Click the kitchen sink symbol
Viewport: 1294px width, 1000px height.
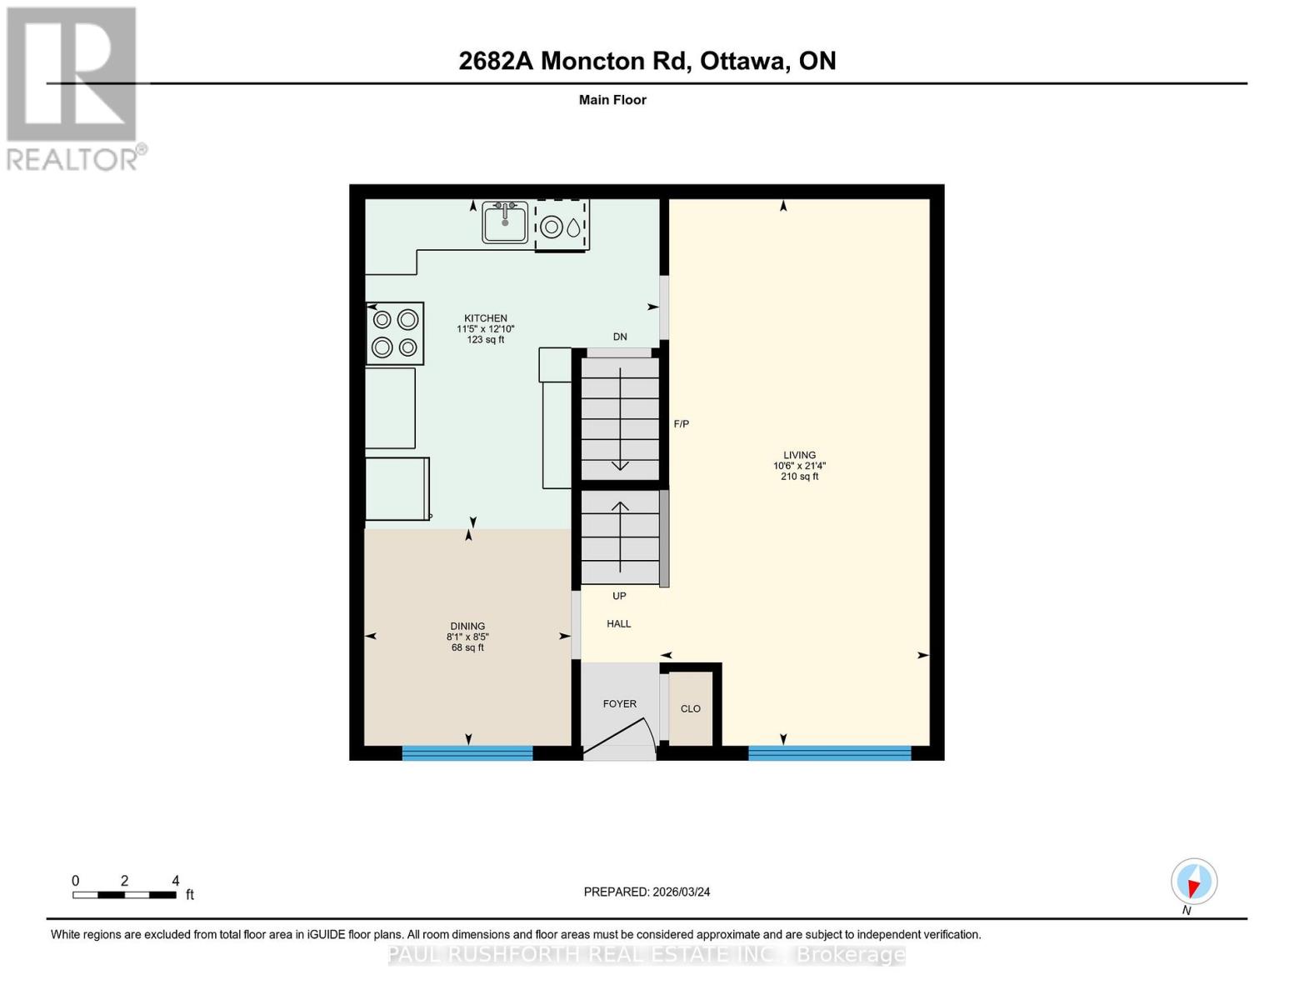click(x=505, y=222)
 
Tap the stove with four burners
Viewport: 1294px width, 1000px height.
click(x=395, y=333)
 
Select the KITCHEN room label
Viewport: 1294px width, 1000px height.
click(x=485, y=318)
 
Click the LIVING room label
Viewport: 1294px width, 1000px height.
click(x=799, y=456)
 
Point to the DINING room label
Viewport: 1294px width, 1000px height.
click(x=467, y=627)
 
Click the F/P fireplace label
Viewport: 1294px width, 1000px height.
click(x=681, y=424)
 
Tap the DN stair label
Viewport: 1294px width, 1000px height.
click(x=620, y=337)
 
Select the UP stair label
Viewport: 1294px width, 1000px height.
click(x=619, y=597)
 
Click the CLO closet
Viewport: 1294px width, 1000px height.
click(x=691, y=709)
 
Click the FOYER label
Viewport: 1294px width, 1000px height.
click(x=620, y=704)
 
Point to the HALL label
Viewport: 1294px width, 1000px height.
click(x=619, y=624)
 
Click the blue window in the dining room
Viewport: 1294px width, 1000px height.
click(x=467, y=753)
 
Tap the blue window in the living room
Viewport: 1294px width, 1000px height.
click(x=830, y=753)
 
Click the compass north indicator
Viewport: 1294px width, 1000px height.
click(x=1194, y=882)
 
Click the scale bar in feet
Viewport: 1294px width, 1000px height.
click(x=124, y=895)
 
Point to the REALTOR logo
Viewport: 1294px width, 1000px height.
click(x=73, y=88)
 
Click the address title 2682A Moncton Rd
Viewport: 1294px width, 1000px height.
click(x=647, y=61)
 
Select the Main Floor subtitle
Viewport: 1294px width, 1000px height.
click(x=612, y=100)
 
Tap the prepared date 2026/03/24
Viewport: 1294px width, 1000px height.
click(x=647, y=892)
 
